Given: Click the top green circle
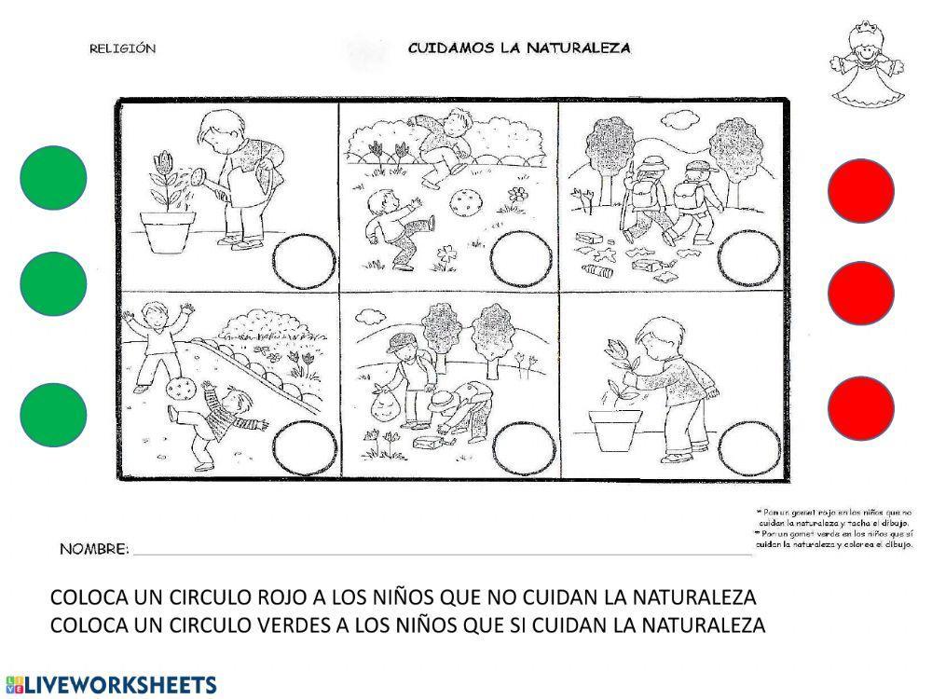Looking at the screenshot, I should pos(53,178).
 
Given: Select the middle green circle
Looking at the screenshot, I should pos(53,283).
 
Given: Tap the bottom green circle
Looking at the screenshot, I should pos(53,414).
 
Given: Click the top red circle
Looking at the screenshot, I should pos(861,191).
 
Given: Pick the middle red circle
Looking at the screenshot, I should pos(861,294).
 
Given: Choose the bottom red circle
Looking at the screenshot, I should pos(861,408).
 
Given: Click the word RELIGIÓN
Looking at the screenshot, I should pos(122,48).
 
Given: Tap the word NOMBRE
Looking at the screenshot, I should pos(94,549).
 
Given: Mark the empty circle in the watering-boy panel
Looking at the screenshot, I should pos(305,260).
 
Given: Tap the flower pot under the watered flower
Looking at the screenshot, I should pos(168,230).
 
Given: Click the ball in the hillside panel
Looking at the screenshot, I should pos(181,390).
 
